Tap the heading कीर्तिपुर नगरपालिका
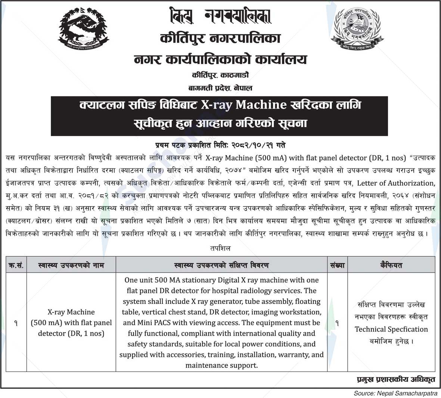click(220, 39)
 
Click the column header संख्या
click(337, 265)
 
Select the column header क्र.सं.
click(16, 265)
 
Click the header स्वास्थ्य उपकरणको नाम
click(71, 265)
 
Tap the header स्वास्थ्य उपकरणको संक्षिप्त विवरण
click(221, 265)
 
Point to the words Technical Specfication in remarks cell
click(391, 329)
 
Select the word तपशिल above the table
click(220, 248)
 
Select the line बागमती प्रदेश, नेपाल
click(220, 88)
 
